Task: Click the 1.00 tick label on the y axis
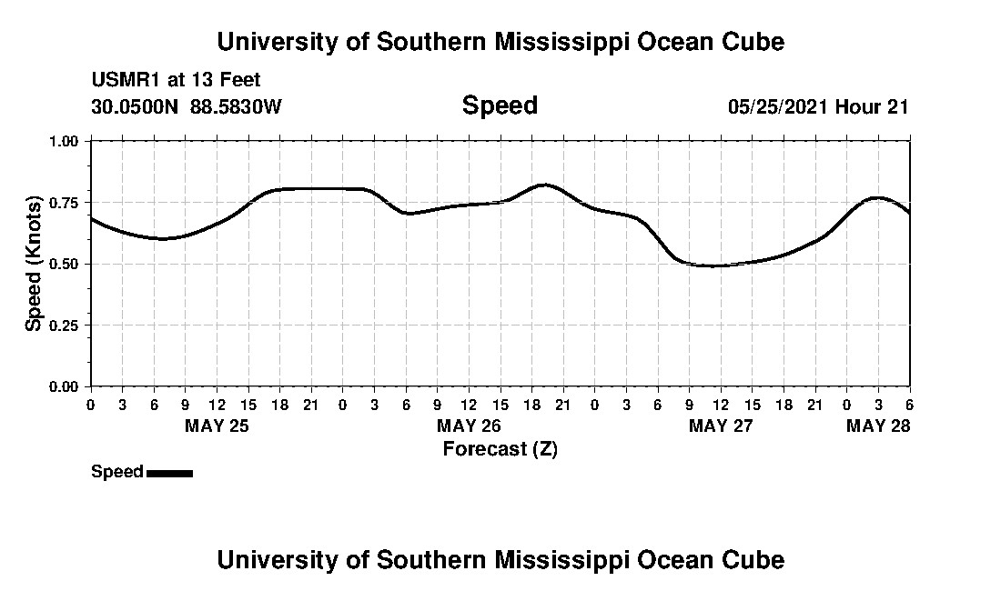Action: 64,141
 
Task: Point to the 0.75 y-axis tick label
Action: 64,202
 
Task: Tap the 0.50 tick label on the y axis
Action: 64,264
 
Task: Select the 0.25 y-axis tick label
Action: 64,325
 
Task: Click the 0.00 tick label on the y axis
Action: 64,386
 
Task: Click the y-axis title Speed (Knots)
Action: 34,264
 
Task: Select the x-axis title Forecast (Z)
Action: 500,448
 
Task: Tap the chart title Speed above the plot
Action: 500,105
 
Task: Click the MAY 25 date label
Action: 217,426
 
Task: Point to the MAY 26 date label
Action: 469,426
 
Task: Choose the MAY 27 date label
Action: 721,426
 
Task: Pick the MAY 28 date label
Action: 878,426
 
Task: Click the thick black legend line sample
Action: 169,473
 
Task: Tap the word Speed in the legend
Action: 117,472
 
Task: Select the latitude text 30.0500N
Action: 136,106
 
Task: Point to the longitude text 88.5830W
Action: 236,106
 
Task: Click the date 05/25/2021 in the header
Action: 777,106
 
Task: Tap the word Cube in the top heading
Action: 751,42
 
